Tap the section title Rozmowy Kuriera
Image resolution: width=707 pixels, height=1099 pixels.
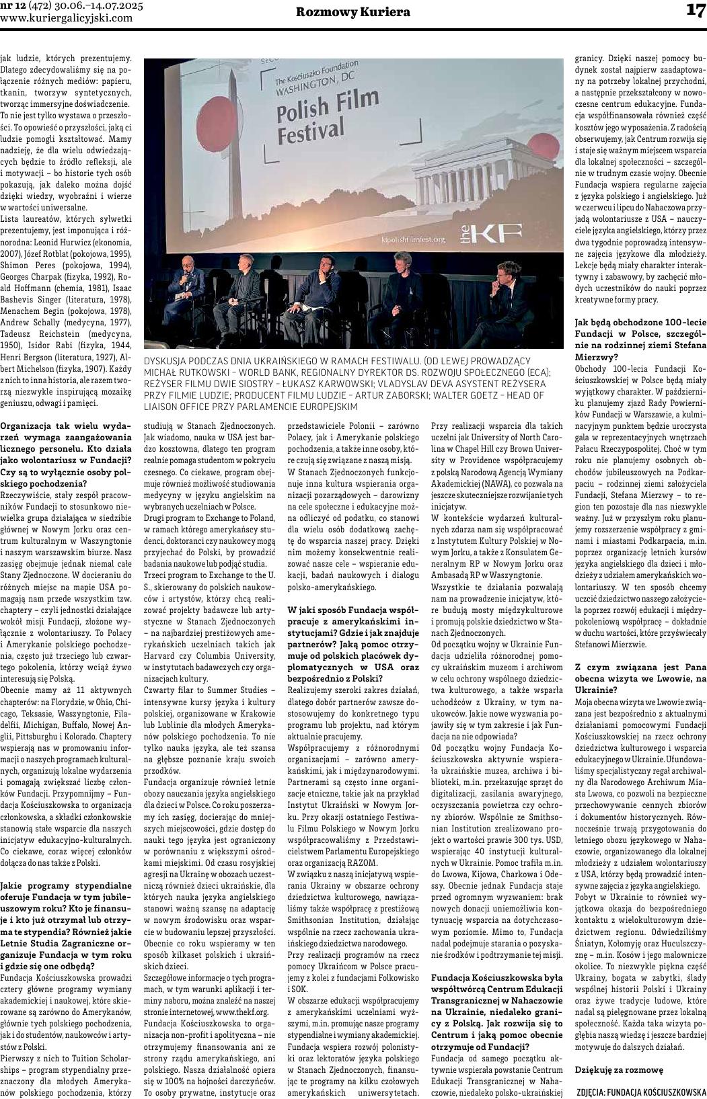tap(353, 12)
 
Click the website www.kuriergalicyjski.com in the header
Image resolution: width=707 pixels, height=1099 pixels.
tap(67, 18)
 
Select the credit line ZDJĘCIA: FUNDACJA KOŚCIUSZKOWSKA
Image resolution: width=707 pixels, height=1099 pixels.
tap(641, 1092)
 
